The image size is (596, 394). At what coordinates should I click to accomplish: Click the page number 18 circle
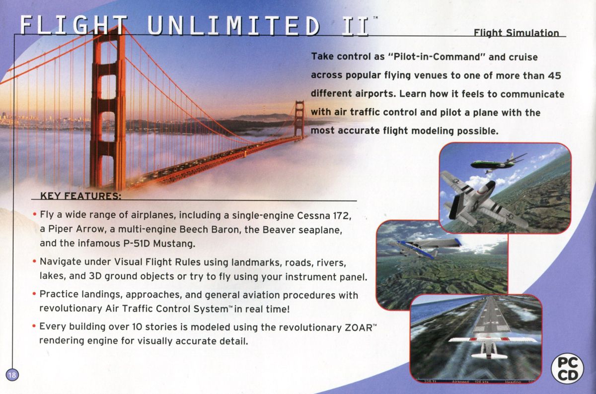pos(11,375)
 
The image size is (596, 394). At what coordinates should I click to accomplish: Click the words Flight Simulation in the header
pos(516,33)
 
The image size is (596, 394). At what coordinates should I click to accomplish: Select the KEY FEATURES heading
pos(80,196)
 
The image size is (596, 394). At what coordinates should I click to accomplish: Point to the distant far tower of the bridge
pos(299,119)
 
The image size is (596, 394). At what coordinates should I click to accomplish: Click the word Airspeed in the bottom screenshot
pos(463,382)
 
